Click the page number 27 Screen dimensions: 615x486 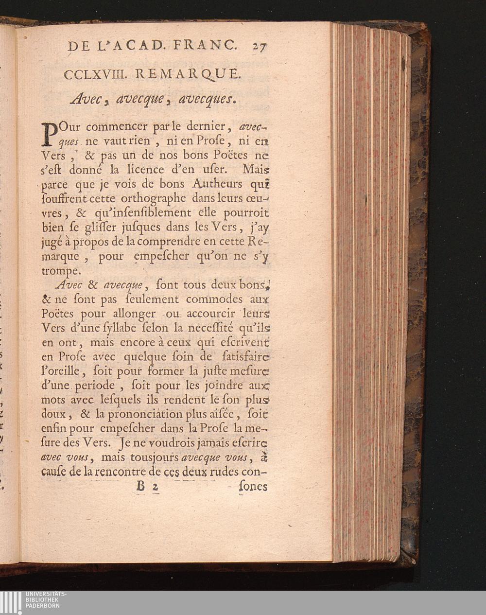[x=260, y=47]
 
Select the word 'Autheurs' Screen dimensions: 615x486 [x=217, y=184]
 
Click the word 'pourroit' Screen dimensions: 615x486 [x=245, y=213]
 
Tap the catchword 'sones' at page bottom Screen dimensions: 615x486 [x=253, y=486]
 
